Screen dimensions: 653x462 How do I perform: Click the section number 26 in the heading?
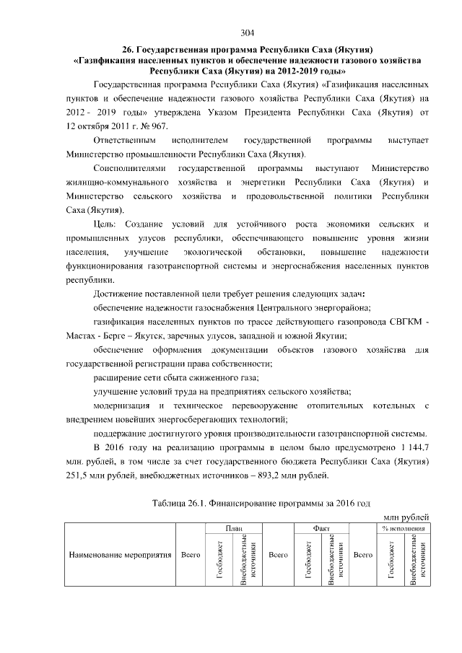[x=126, y=49]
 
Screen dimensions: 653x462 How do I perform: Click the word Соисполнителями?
[x=131, y=168]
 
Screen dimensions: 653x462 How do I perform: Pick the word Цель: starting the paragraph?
[x=107, y=224]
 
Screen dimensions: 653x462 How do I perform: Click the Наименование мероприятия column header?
[x=119, y=556]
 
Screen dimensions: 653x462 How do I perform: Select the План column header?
[x=233, y=528]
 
